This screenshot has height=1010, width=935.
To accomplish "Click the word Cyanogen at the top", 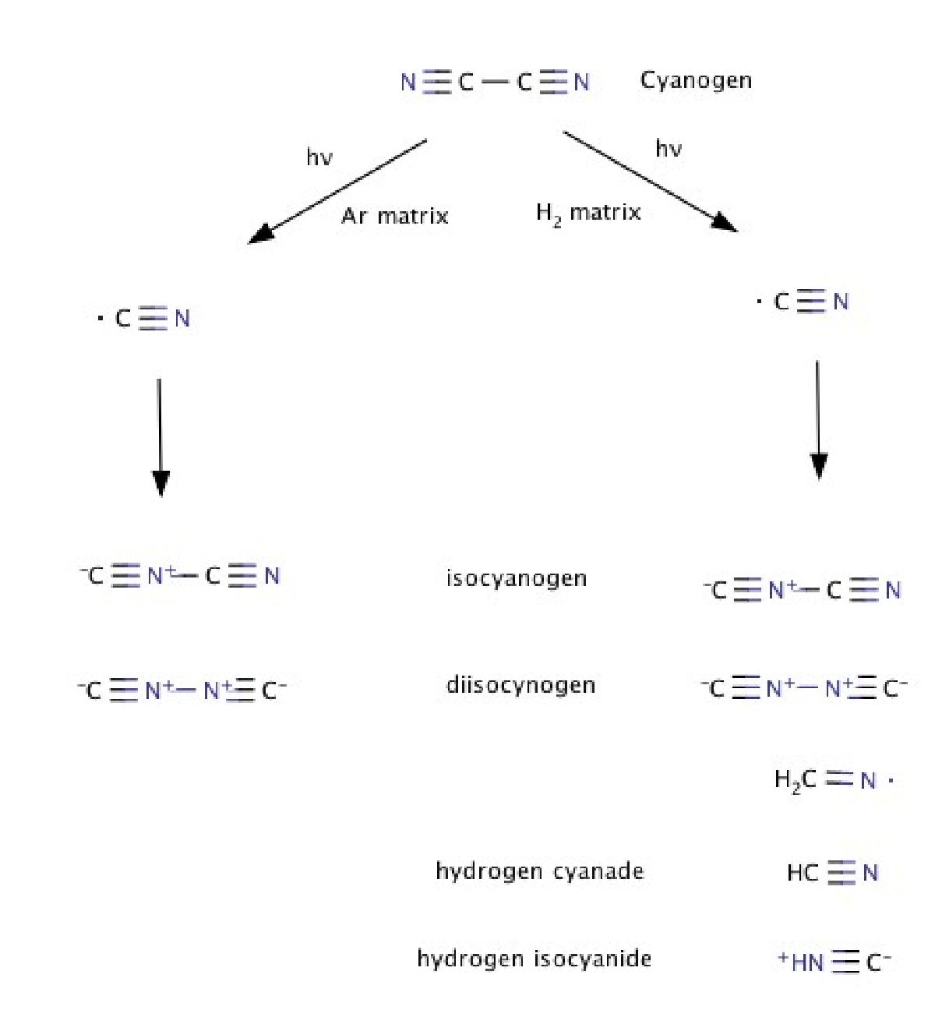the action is [x=695, y=81].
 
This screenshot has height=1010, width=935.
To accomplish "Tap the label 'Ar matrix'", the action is [x=395, y=216].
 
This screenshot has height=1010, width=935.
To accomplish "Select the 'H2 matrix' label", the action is [x=588, y=213].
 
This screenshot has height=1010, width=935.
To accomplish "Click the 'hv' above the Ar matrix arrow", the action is [x=319, y=157].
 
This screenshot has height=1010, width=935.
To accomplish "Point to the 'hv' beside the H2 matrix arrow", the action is [x=669, y=149].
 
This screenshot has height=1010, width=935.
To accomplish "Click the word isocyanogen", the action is [x=517, y=579].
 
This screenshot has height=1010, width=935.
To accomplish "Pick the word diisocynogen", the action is [x=520, y=686].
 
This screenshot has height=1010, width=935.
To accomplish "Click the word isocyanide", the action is [x=593, y=959].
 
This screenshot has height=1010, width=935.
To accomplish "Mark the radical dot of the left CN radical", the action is [x=101, y=319].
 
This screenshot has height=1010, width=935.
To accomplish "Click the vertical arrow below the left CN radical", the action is [x=161, y=437].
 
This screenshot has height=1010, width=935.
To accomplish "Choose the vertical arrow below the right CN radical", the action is [x=818, y=420].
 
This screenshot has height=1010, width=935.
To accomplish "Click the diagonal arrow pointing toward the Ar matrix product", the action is [x=337, y=192].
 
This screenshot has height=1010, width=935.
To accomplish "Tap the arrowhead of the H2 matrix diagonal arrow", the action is [x=725, y=222].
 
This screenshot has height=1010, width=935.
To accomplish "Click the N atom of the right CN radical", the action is [x=841, y=302].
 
